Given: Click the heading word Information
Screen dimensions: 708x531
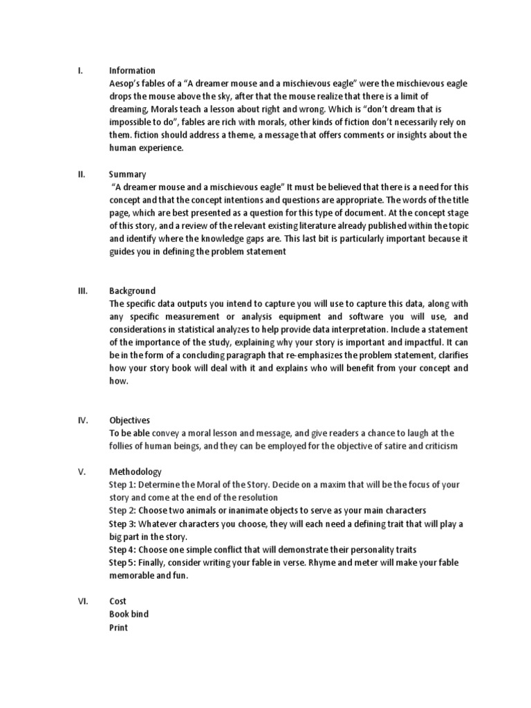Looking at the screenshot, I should point(132,71).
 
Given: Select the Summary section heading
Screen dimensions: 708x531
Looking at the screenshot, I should point(127,174).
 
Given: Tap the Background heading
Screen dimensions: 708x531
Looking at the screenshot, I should point(132,290).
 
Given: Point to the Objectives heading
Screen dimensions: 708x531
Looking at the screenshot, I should point(129,420).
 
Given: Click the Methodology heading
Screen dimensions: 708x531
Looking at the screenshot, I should point(136,472).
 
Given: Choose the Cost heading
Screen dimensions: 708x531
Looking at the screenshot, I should point(118,601).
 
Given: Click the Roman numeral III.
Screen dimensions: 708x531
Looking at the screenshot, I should point(82,290).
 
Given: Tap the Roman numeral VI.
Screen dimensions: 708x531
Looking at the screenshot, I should point(82,601).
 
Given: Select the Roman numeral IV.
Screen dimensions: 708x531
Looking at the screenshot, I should point(82,420).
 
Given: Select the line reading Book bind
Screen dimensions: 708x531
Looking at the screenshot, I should point(129,614).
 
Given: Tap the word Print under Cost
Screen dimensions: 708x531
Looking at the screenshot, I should point(118,627).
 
